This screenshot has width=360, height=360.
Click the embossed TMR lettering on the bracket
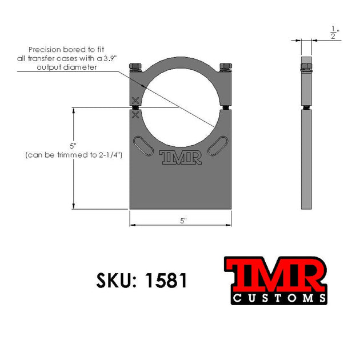click(181, 157)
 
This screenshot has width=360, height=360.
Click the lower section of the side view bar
click(306, 160)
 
